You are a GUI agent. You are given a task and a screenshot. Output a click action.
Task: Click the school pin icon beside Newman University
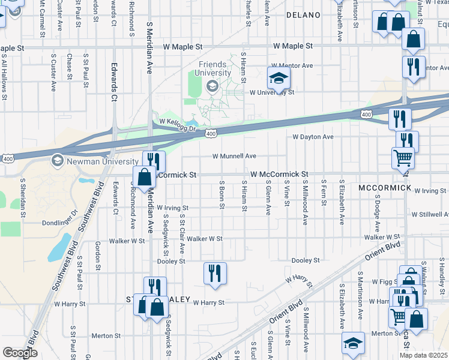click(x=58, y=160)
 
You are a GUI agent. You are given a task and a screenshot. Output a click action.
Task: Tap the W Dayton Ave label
click(x=313, y=137)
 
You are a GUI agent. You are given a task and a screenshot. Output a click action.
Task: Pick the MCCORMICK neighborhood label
click(x=385, y=188)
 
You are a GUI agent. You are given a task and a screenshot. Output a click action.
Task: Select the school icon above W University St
click(x=279, y=78)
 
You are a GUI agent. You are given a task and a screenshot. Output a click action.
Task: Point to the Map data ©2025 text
click(x=424, y=355)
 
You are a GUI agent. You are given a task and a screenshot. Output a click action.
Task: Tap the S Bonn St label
click(x=222, y=195)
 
